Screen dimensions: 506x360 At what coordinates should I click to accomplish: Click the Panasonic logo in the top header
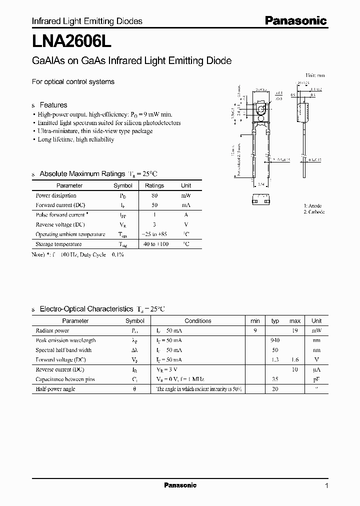295,20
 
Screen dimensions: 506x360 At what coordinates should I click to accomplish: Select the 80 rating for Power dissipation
154,195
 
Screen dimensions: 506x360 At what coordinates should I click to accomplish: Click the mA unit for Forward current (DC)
186,205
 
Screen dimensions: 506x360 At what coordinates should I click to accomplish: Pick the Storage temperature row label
58,244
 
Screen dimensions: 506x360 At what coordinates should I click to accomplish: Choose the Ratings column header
154,185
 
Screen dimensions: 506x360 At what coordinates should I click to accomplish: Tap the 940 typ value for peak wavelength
275,340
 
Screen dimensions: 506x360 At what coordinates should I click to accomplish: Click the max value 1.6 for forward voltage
295,359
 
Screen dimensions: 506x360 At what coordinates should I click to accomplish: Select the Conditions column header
198,321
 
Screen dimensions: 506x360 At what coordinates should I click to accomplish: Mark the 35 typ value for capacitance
275,379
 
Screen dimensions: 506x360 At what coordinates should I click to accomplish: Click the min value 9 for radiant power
255,330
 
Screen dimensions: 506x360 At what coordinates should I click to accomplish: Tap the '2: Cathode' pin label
314,212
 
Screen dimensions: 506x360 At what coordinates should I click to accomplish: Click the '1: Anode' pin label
312,205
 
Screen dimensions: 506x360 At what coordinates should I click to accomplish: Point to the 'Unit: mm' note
314,75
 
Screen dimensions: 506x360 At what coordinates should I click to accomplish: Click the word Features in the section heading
53,105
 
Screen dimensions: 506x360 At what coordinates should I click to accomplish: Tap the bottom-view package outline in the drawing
261,198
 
